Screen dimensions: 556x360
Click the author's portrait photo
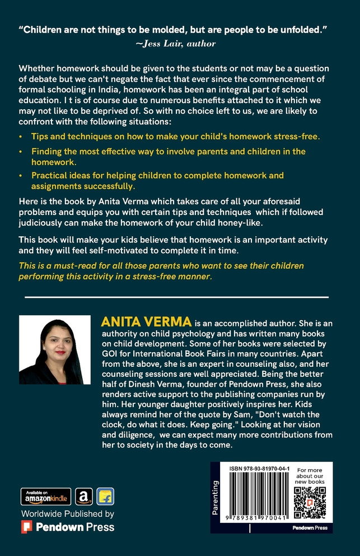tap(55, 349)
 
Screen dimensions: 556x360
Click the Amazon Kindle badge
tap(46, 497)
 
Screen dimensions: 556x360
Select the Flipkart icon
tap(105, 497)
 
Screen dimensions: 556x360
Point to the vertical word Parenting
tap(216, 497)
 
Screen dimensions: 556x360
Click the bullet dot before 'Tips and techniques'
tap(21, 137)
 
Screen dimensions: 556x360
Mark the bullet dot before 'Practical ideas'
tap(21, 176)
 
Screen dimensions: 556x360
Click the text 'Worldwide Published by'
tap(68, 513)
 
